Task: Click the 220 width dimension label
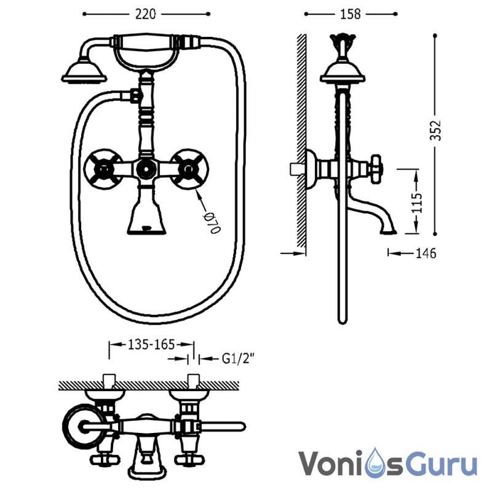coord(145,14)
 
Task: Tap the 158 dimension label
coord(350,14)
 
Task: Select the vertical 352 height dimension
coord(435,130)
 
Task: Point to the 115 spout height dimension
coord(417,203)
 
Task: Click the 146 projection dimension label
coord(426,253)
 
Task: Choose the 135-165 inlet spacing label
coord(151,344)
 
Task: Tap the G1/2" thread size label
coord(237,359)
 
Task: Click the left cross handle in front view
coord(103,169)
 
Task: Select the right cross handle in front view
coord(189,169)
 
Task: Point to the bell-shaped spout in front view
coord(147,216)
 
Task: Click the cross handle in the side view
coord(376,169)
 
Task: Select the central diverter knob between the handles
coord(146,169)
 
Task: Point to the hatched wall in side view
coord(301,141)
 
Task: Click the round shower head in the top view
coord(84,426)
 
